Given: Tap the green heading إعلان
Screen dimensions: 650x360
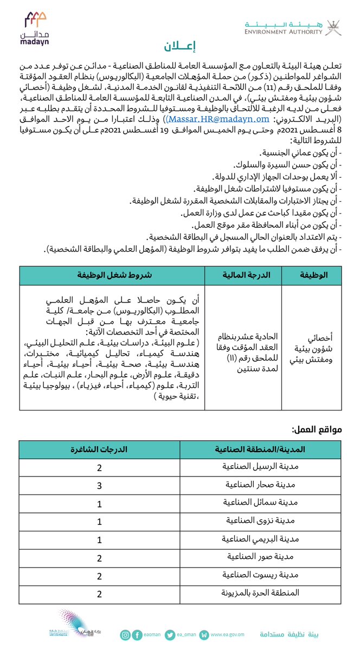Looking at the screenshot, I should [179, 46].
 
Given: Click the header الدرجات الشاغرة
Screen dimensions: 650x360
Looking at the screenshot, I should [100, 449].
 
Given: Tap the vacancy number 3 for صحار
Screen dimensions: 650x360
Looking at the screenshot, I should [100, 486].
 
